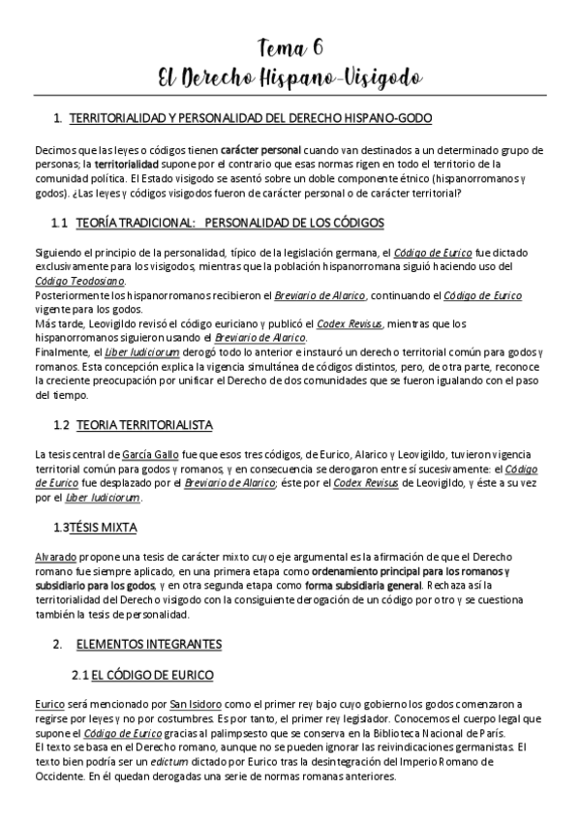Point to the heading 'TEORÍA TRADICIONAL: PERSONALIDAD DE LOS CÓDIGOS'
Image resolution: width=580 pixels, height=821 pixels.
tap(229, 223)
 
